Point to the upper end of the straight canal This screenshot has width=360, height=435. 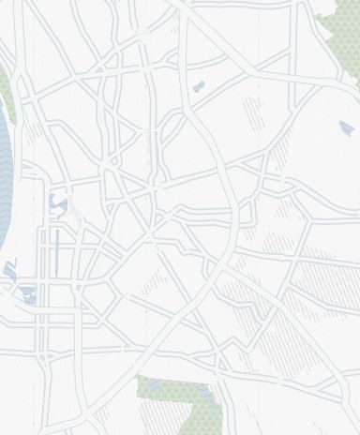pyautogui.click(x=56, y=229)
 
